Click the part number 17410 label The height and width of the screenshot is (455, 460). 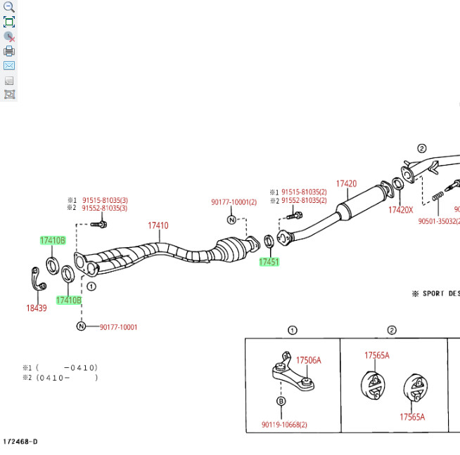(x=158, y=225)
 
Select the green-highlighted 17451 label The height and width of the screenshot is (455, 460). (x=269, y=262)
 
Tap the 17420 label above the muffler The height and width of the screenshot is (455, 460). (x=346, y=184)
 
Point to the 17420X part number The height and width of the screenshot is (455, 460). (x=401, y=209)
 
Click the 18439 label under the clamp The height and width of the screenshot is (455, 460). (x=37, y=308)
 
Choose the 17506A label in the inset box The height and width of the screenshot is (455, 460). (x=308, y=360)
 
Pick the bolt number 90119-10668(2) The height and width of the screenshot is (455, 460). (x=284, y=424)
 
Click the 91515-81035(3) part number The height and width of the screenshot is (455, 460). (x=105, y=200)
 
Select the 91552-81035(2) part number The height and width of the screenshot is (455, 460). (x=304, y=200)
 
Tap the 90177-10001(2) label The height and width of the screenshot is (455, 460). (x=234, y=202)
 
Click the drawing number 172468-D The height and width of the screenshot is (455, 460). (x=20, y=441)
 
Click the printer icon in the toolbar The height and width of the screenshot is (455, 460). (x=9, y=51)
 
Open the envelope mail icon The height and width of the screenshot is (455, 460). (x=9, y=65)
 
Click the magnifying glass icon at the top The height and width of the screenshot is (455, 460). (x=9, y=7)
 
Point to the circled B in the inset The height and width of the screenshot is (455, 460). (x=281, y=401)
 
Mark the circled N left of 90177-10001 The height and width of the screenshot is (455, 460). (x=82, y=327)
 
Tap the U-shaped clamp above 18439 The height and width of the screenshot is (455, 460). (x=37, y=279)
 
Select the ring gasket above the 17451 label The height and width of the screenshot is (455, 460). (x=269, y=244)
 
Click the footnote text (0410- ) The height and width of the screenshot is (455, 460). (x=66, y=377)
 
